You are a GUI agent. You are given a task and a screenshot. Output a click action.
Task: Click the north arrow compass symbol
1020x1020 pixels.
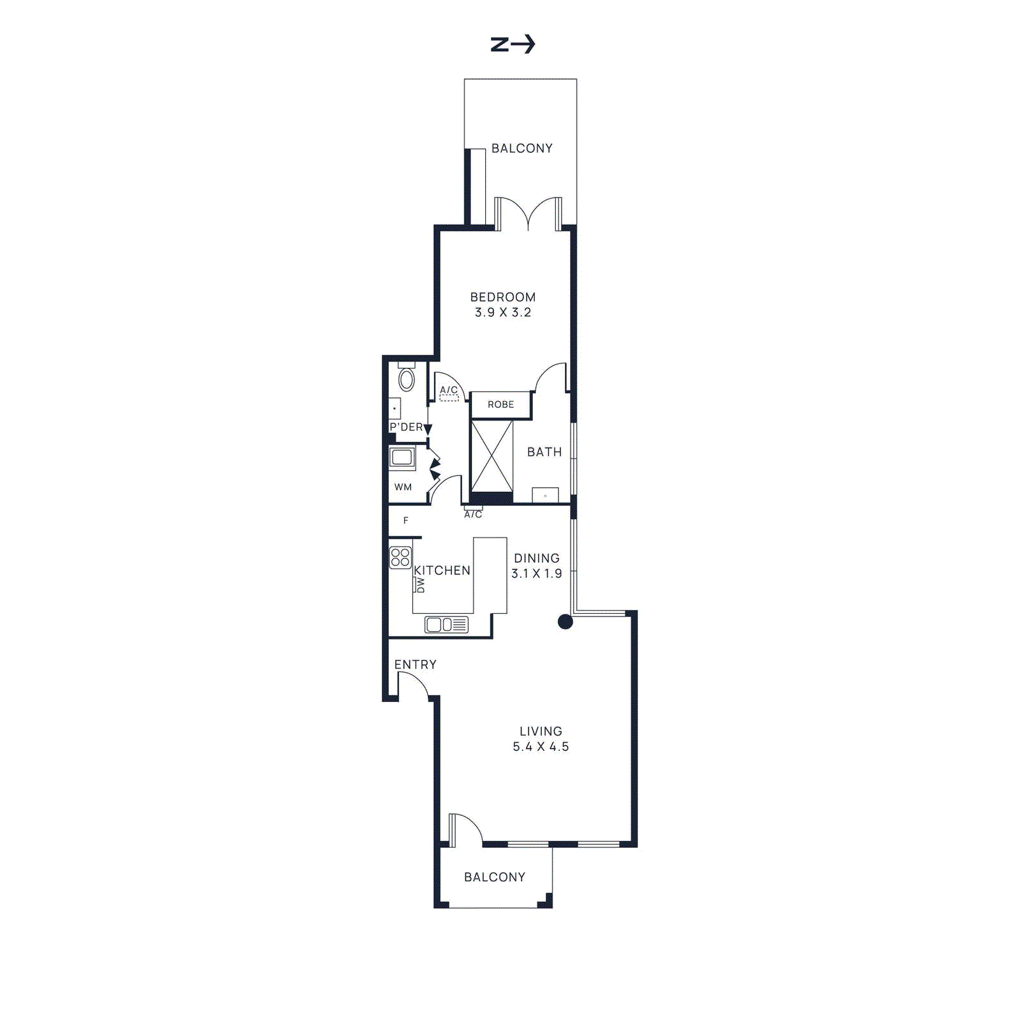click(x=513, y=45)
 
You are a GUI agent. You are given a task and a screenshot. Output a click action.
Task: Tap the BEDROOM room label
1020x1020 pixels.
click(x=502, y=297)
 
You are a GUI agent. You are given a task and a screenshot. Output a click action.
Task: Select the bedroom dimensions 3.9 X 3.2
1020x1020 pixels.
click(x=502, y=312)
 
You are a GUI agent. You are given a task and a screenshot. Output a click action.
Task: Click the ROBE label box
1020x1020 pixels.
click(x=500, y=405)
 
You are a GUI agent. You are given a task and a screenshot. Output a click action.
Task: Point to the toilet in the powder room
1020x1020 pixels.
click(x=406, y=380)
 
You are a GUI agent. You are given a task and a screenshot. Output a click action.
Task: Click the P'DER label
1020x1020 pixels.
click(x=405, y=427)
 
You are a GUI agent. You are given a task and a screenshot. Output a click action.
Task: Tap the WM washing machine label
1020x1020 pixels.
click(x=403, y=487)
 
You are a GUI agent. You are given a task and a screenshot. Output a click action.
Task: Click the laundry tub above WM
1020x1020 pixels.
click(x=402, y=457)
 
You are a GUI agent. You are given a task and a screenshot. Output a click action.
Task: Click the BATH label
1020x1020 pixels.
click(x=544, y=452)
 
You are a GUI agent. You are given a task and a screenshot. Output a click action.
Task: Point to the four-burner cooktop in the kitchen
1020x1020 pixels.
click(x=400, y=558)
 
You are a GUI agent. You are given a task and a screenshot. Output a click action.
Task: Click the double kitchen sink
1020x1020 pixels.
click(x=446, y=625)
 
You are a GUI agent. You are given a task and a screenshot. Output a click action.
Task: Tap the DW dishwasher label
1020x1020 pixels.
click(x=420, y=585)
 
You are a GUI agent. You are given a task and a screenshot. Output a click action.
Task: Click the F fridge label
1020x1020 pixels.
click(x=405, y=521)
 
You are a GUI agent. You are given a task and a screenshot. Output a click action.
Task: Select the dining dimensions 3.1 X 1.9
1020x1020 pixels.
click(x=537, y=574)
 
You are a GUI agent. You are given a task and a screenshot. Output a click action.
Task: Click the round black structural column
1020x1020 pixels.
click(x=565, y=622)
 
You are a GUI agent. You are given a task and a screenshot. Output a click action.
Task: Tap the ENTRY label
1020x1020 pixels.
click(x=415, y=665)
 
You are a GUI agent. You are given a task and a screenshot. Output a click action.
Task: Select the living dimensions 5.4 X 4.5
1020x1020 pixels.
click(x=541, y=747)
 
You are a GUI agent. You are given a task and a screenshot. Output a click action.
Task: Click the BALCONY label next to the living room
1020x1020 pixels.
click(x=495, y=877)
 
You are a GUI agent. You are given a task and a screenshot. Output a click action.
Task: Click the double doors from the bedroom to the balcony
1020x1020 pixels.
click(x=528, y=214)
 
